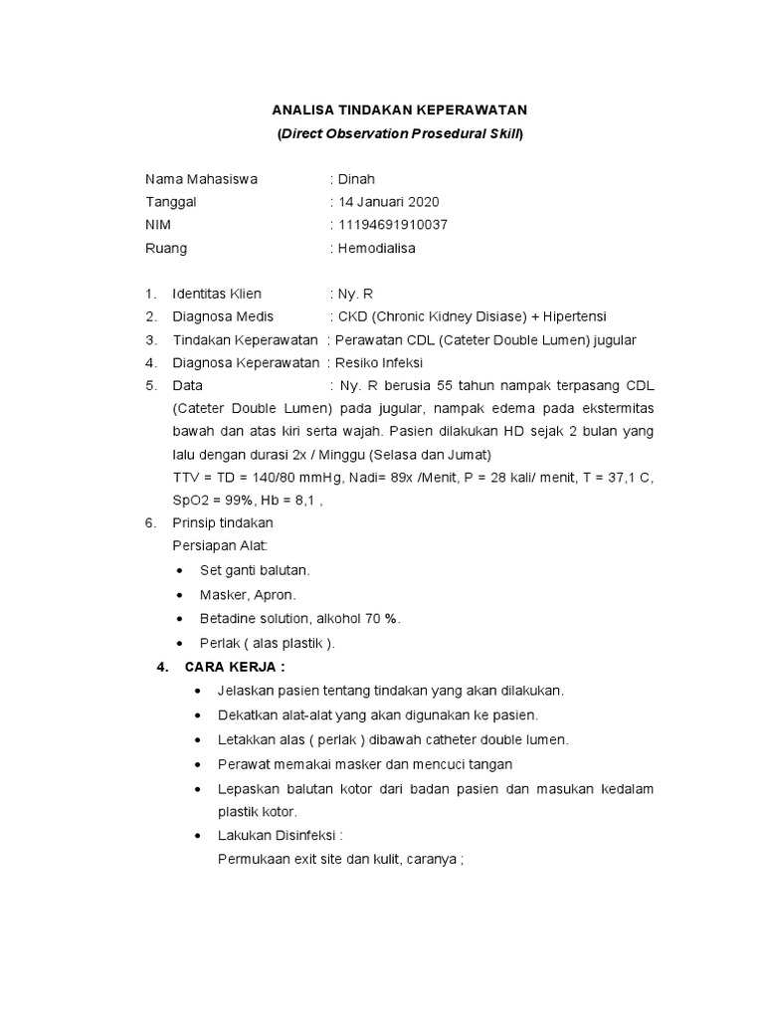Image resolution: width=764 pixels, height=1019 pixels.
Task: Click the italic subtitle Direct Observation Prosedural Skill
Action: click(401, 133)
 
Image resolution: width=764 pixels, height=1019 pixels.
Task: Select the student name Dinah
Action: click(356, 180)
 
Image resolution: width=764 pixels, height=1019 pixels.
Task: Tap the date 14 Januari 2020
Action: click(389, 202)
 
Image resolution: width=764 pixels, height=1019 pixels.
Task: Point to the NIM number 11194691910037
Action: click(393, 225)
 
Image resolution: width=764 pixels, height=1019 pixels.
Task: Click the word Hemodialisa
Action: click(376, 248)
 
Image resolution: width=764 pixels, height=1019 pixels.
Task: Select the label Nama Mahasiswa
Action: click(201, 180)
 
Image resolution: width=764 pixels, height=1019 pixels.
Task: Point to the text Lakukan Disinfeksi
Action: click(280, 835)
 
